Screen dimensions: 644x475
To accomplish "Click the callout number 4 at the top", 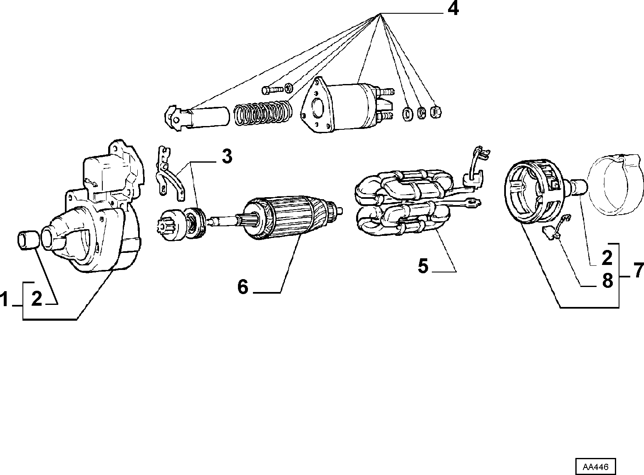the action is [453, 9].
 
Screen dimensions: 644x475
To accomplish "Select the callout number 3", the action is [227, 156].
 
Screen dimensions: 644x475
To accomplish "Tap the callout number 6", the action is [243, 287].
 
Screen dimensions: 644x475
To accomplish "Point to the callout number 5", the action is [423, 266].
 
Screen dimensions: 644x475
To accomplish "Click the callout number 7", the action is [639, 271].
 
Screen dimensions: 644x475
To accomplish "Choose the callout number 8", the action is [607, 281].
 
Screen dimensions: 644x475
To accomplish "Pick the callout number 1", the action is [4, 299].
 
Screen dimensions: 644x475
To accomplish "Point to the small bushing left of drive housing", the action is [28, 240].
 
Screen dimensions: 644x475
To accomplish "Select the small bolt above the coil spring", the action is [272, 90].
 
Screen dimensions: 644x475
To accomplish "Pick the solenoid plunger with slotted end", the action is [197, 118].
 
